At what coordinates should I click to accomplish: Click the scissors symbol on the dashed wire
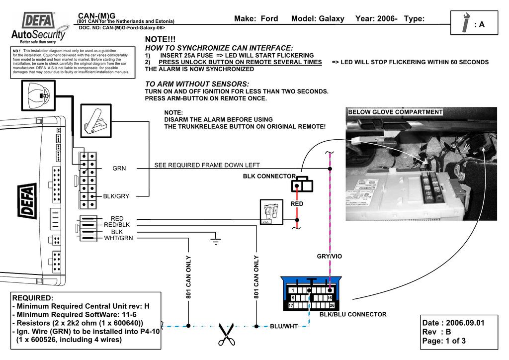coord(226,334)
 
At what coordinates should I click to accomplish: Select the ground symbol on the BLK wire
coord(215,242)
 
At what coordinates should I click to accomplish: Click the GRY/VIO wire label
coord(330,257)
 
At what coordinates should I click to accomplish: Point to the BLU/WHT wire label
coord(283,326)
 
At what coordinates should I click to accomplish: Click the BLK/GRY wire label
coord(116,196)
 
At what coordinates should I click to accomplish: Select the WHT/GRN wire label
coord(118,238)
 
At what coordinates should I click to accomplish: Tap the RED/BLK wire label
coord(117,225)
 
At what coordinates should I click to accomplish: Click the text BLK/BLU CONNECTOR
coord(352,314)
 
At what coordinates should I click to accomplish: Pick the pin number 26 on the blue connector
coord(332,305)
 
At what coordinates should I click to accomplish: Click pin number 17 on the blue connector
coord(291,305)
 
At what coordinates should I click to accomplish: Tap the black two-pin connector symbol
coord(302,185)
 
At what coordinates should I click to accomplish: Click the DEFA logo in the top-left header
coord(39,21)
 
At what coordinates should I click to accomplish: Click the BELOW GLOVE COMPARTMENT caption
coord(395,112)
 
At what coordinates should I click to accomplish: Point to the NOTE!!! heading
coord(160,39)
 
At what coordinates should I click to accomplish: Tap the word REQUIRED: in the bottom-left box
coord(32,298)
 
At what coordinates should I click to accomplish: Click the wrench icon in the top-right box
coord(466,23)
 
